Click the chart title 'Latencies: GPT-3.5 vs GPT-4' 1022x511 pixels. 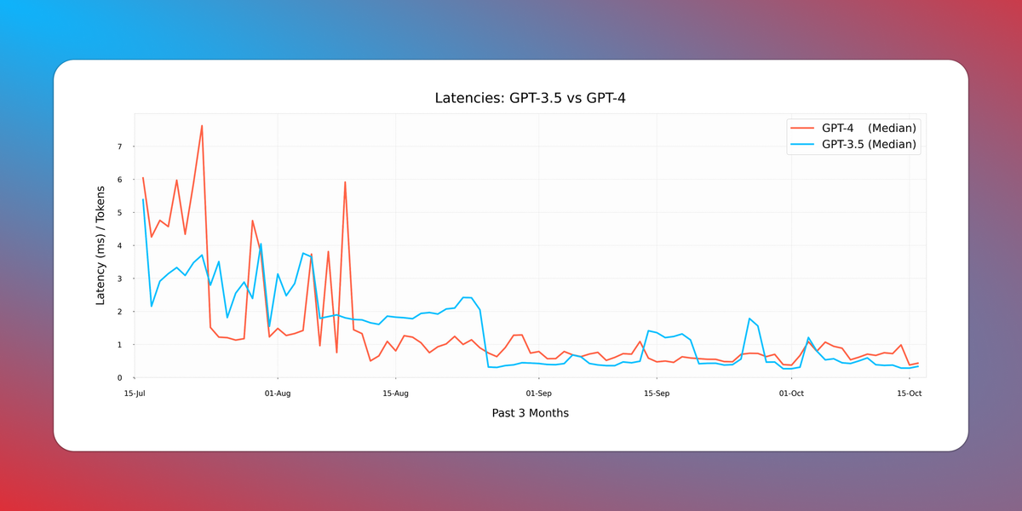pyautogui.click(x=531, y=99)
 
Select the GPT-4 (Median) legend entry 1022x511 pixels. pyautogui.click(x=868, y=128)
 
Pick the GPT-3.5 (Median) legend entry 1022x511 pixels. pyautogui.click(x=868, y=145)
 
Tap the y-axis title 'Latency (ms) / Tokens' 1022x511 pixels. pyautogui.click(x=100, y=245)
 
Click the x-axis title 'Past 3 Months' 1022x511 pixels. pyautogui.click(x=530, y=413)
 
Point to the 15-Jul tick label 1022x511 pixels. pyautogui.click(x=135, y=393)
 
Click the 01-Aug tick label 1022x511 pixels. pyautogui.click(x=278, y=393)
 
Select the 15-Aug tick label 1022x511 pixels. pyautogui.click(x=396, y=393)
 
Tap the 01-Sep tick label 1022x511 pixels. pyautogui.click(x=539, y=393)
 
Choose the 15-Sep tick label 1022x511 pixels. pyautogui.click(x=657, y=393)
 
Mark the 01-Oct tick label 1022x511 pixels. pyautogui.click(x=791, y=393)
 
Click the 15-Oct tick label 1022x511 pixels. pyautogui.click(x=910, y=393)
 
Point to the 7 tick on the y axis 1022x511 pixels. pyautogui.click(x=120, y=147)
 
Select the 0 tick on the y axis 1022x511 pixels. pyautogui.click(x=120, y=378)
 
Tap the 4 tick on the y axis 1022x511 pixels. pyautogui.click(x=120, y=246)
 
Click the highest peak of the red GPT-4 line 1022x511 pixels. pyautogui.click(x=202, y=126)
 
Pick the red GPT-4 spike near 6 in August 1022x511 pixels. pyautogui.click(x=345, y=182)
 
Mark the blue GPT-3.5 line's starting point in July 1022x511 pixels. pyautogui.click(x=143, y=200)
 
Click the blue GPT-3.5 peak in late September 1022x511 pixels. pyautogui.click(x=749, y=319)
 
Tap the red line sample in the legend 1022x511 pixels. pyautogui.click(x=803, y=128)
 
